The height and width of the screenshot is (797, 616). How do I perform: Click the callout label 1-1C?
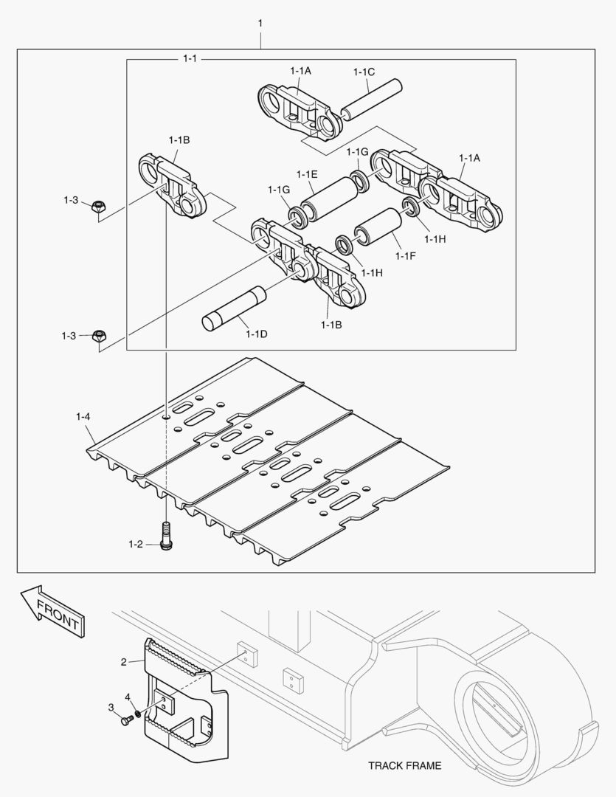[364, 72]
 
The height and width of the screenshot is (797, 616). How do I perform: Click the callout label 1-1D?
[256, 334]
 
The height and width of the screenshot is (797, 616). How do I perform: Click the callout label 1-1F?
[406, 256]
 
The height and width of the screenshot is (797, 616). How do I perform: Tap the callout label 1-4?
[83, 417]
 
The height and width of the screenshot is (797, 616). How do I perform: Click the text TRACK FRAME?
[405, 765]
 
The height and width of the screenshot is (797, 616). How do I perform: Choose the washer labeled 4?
[137, 714]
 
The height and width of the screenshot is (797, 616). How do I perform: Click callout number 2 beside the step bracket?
[123, 661]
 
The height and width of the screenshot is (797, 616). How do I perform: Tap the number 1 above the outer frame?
[260, 24]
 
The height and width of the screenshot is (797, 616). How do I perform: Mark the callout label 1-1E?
[307, 174]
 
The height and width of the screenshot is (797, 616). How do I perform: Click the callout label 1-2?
[135, 545]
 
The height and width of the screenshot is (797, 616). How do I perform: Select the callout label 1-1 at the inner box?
[190, 58]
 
